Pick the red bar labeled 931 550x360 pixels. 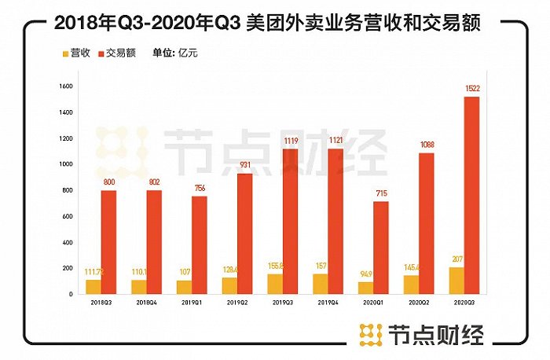point(245,233)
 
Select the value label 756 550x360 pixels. point(199,189)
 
